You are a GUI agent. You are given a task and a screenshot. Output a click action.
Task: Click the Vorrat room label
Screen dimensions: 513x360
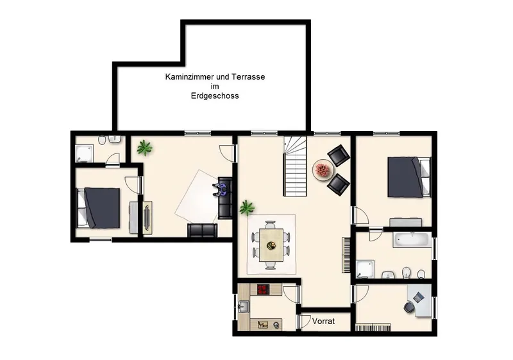(323, 321)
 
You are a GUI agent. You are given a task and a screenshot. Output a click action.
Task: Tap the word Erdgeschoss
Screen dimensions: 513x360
(215, 96)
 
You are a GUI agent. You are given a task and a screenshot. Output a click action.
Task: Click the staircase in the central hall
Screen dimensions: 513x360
(295, 166)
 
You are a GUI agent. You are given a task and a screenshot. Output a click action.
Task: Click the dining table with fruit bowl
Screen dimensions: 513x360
(271, 244)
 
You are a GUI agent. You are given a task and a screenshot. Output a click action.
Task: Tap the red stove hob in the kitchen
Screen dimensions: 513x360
(263, 289)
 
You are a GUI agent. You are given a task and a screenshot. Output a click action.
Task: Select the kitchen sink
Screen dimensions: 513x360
(244, 307)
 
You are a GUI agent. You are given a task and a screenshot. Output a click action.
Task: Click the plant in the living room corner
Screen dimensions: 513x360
(144, 148)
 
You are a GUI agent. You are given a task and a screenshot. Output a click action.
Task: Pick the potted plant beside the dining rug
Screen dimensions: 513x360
(247, 208)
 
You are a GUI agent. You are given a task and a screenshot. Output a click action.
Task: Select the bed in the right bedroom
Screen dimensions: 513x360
(409, 177)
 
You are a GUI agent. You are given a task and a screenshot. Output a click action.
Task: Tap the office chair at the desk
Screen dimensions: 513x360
(408, 307)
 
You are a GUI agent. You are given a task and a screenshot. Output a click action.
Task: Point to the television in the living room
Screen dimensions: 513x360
(148, 218)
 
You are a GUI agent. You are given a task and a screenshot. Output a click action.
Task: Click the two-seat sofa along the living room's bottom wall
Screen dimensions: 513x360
(202, 230)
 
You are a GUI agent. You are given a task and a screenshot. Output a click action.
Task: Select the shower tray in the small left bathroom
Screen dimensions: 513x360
(85, 154)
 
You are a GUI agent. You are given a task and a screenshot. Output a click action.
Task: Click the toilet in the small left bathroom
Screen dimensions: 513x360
(103, 140)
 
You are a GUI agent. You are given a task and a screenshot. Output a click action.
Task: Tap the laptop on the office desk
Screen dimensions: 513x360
(418, 298)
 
